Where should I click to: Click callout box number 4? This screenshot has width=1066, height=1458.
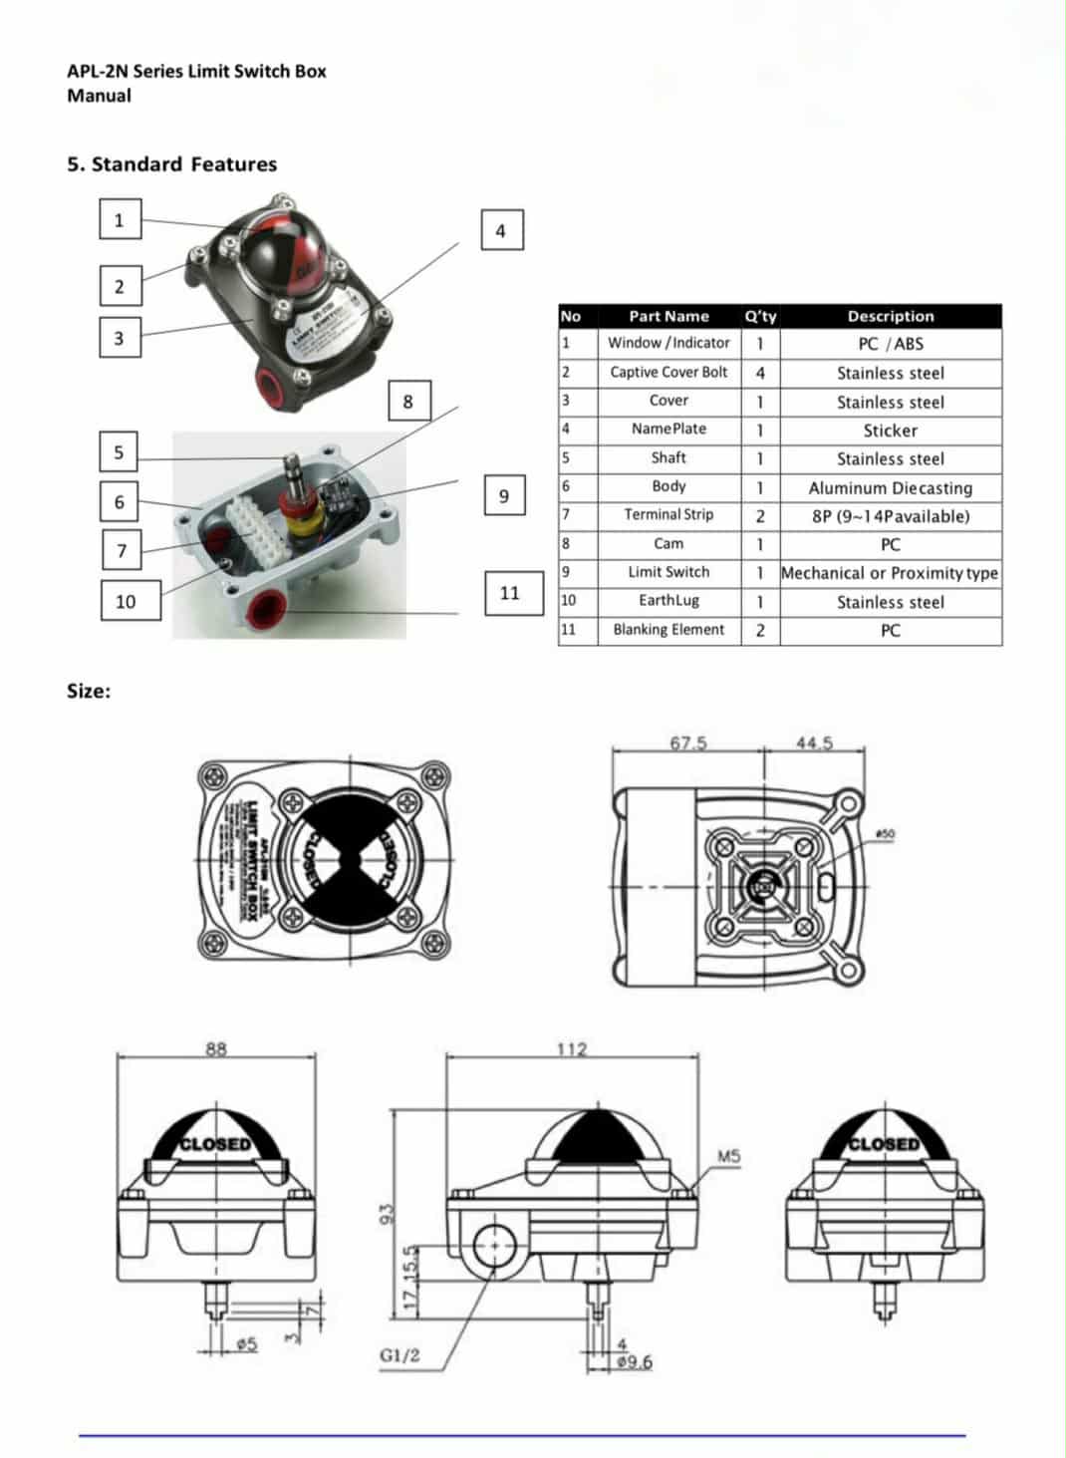pos(501,230)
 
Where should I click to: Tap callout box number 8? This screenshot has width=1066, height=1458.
pos(407,402)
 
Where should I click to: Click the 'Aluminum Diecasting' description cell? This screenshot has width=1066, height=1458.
pos(890,487)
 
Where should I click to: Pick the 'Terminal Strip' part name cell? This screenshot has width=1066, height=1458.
pos(668,515)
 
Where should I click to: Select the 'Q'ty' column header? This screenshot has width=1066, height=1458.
pos(760,316)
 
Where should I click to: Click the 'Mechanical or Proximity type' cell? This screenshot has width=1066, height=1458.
pos(890,573)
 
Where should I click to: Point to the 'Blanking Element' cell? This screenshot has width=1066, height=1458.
pos(668,630)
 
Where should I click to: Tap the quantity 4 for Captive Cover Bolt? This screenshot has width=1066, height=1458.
pos(760,373)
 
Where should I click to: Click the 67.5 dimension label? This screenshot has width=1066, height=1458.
pos(687,742)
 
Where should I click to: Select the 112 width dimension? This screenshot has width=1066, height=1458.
pos(571,1048)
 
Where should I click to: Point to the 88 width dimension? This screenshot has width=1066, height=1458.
pos(216,1048)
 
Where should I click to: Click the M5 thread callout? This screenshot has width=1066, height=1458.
pos(729,1156)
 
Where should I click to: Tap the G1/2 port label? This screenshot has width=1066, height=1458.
pos(400,1355)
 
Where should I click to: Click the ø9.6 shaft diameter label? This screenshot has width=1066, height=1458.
pos(635,1362)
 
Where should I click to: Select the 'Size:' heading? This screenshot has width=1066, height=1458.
pos(89,691)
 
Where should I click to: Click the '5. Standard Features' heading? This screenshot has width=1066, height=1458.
pos(171,164)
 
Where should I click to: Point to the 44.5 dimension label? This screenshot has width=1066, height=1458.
pos(814,742)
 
